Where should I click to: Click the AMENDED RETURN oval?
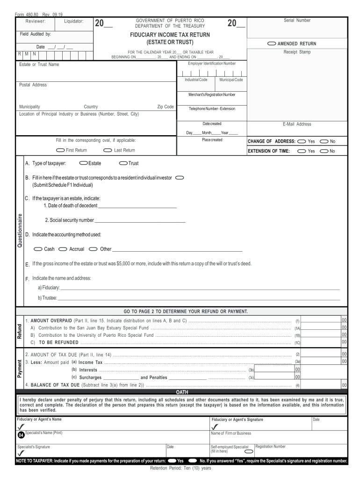point(272,44)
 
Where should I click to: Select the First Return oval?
point(60,150)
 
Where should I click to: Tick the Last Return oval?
point(108,150)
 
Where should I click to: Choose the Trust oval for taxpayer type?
point(123,163)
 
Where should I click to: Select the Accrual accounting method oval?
point(63,249)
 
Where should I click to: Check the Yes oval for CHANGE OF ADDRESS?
point(302,141)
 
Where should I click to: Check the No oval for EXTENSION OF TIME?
point(324,151)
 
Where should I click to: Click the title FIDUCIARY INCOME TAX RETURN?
point(170,35)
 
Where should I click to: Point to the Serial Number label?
point(297,21)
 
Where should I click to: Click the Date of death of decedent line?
point(137,206)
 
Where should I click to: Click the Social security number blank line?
point(140,221)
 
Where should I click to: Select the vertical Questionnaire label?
point(20,231)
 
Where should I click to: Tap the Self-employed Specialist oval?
point(249,451)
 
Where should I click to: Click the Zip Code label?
point(166,107)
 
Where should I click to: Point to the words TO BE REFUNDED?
point(58,342)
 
